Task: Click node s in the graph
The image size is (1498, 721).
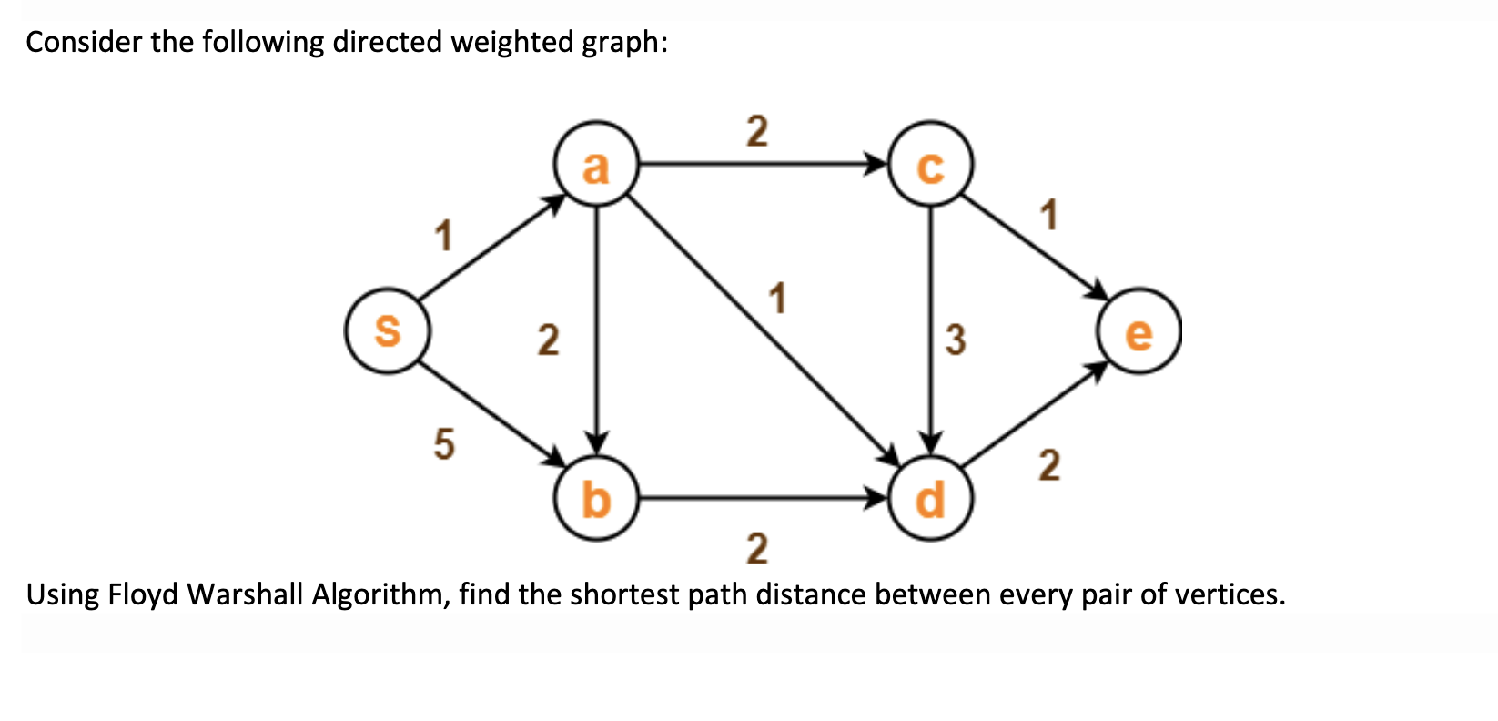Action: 388,330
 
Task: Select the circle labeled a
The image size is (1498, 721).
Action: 595,166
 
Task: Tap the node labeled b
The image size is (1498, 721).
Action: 595,499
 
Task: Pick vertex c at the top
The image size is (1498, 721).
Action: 930,166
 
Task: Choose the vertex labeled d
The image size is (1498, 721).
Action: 930,499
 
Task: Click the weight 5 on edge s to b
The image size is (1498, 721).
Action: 442,445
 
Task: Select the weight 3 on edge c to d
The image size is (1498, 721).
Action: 955,340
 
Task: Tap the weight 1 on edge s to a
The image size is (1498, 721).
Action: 442,236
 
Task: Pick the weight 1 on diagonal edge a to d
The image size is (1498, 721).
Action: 776,298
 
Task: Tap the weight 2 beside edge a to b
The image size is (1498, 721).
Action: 547,340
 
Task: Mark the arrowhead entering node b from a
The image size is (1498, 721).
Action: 596,440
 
